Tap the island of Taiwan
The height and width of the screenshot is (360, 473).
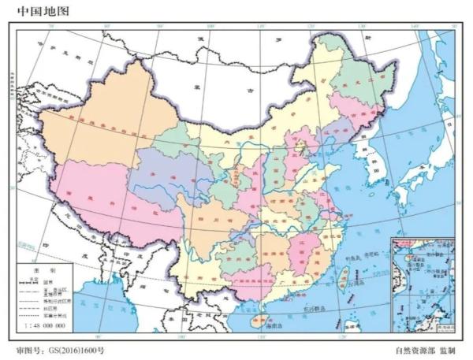[344, 276]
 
